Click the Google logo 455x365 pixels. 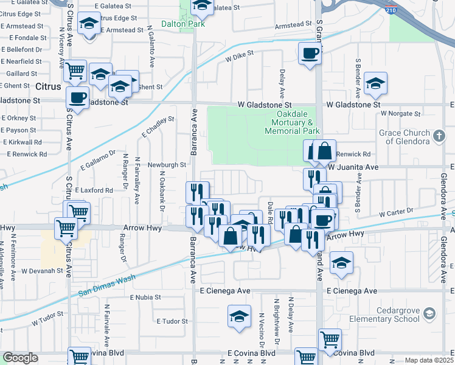[x=20, y=358]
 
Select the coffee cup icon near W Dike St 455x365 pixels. [x=310, y=54]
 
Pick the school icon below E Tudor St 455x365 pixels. [x=240, y=316]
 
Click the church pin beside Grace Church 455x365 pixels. [x=440, y=134]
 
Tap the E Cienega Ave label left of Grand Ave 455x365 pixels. [x=225, y=291]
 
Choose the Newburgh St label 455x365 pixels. [x=166, y=164]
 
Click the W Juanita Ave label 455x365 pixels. [x=353, y=166]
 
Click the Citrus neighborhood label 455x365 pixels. [x=48, y=86]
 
